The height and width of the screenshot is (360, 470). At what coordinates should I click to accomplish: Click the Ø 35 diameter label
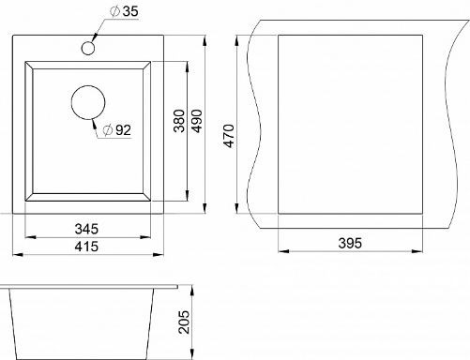click(x=124, y=11)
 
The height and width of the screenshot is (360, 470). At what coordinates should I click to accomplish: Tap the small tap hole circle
click(x=88, y=48)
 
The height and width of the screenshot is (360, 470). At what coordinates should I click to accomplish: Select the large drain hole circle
click(x=88, y=102)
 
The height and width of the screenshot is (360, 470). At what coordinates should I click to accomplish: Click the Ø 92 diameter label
click(x=117, y=130)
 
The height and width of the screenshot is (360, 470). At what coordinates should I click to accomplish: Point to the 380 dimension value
click(x=179, y=121)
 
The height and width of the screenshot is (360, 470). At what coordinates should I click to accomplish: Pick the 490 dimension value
click(x=197, y=121)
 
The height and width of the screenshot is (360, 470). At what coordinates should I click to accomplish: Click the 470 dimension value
click(x=229, y=136)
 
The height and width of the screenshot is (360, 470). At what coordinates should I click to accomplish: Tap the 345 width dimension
click(x=86, y=229)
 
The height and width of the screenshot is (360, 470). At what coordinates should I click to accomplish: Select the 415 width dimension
click(x=86, y=247)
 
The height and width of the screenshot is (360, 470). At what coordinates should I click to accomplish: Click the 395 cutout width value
click(x=350, y=243)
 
